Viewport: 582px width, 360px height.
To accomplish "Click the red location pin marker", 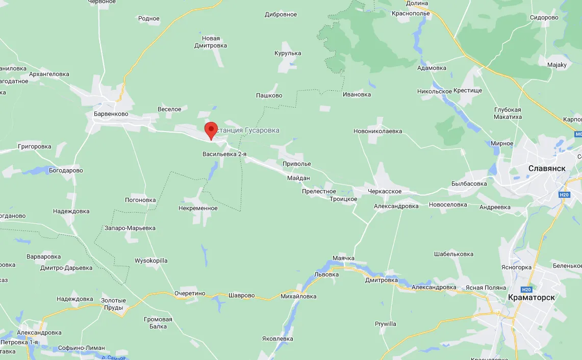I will point(211,130).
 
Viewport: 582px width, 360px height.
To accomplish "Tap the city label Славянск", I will point(547,168).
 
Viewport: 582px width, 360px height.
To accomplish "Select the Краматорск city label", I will point(531,297).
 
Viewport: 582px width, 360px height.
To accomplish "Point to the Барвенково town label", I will point(111,114).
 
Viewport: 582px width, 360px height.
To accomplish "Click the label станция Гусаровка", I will point(247,131).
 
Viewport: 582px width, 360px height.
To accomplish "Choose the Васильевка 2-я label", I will point(224,153).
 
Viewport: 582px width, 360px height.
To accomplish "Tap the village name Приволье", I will point(297,164).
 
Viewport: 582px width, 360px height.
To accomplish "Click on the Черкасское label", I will point(385,191).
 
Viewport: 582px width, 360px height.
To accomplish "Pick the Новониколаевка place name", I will point(377,131).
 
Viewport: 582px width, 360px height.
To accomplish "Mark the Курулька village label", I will point(288,53).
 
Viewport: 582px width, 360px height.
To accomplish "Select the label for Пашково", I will point(269,95).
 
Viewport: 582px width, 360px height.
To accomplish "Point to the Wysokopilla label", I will point(151,261).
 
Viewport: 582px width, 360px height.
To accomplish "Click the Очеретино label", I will point(189,293).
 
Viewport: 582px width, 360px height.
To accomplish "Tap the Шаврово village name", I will point(241,295).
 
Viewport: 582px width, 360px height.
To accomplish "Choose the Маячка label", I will point(343,258).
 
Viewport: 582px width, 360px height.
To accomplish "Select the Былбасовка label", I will point(469,184).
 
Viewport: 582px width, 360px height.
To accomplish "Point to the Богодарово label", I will point(66,170).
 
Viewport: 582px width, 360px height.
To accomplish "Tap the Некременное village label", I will point(198,208).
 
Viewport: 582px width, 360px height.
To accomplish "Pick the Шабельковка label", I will point(453,254).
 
